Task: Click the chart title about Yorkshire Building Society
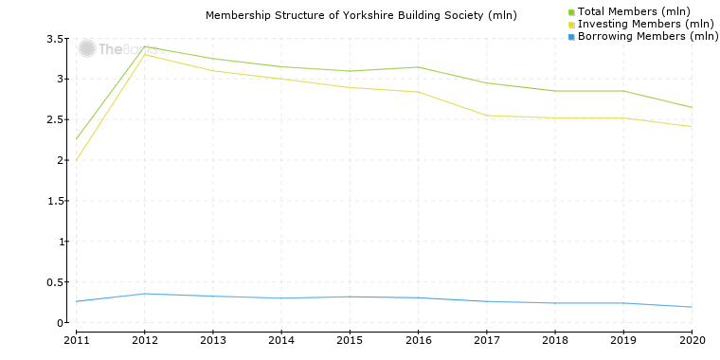[x=361, y=15]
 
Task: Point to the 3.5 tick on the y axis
[x=56, y=39]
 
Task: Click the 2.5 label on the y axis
[x=56, y=120]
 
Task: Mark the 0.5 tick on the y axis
[x=56, y=283]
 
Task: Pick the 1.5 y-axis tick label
[x=56, y=202]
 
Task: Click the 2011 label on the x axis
[x=76, y=339]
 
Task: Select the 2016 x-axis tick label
[x=418, y=339]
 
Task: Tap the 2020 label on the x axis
[x=692, y=339]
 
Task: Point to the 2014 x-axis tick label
[x=281, y=339]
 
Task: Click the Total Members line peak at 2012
[x=145, y=46]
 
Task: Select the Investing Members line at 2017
[x=487, y=116]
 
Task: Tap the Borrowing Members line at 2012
[x=145, y=294]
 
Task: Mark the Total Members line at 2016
[x=418, y=67]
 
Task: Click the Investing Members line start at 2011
[x=76, y=160]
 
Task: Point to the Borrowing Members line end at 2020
[x=692, y=307]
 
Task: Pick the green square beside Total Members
[x=571, y=11]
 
